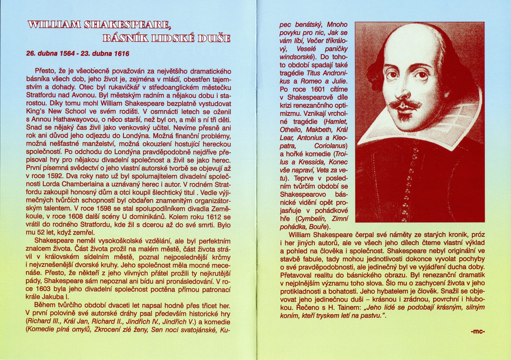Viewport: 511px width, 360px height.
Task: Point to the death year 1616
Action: click(x=121, y=54)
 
